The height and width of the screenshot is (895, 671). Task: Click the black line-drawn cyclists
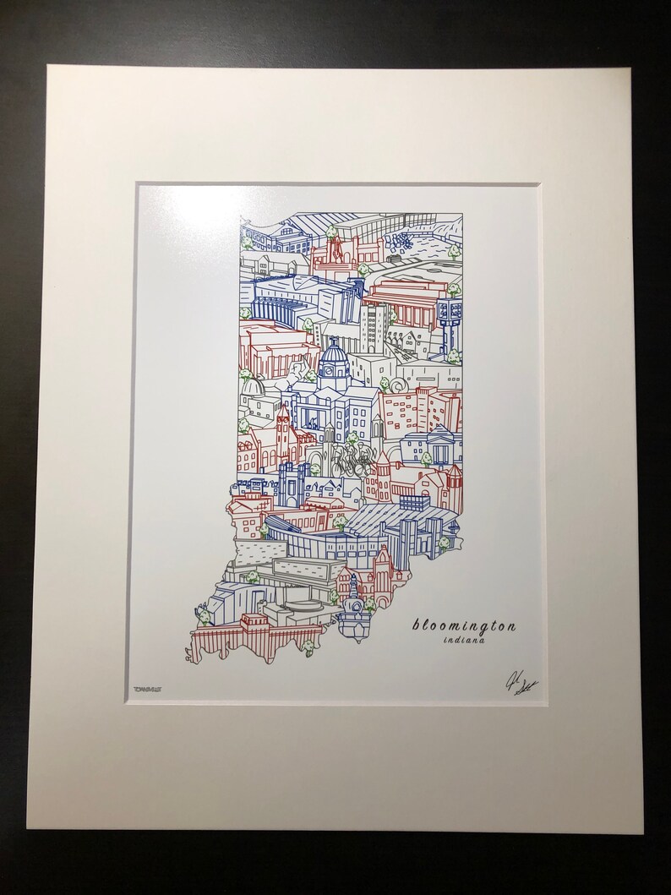click(x=349, y=461)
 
